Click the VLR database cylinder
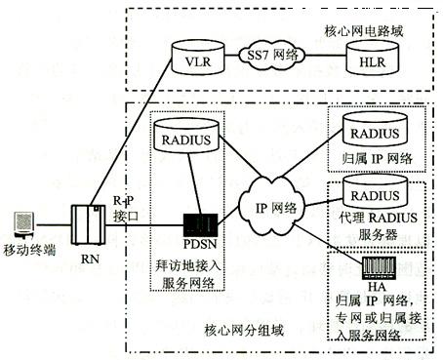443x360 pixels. point(198,58)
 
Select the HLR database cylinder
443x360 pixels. point(372,58)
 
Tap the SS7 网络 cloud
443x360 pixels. point(272,55)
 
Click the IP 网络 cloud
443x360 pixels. point(272,206)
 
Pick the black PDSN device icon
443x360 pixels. point(201,225)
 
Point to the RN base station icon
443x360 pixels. point(89,224)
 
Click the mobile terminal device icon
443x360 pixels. point(24,224)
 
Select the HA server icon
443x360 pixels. point(379,268)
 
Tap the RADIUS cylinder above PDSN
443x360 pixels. point(186,136)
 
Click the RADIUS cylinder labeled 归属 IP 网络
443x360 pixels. point(375,129)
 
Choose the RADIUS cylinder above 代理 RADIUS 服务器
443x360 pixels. point(375,191)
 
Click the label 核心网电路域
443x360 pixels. point(364,31)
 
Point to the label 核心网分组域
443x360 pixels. point(244,331)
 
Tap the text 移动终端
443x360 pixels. point(29,250)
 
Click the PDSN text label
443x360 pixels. point(200,244)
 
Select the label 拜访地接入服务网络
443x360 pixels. point(188,274)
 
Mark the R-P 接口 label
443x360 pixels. point(126,208)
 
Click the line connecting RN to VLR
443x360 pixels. point(131,132)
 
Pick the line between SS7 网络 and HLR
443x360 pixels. point(326,56)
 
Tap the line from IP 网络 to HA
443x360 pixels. point(329,242)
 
